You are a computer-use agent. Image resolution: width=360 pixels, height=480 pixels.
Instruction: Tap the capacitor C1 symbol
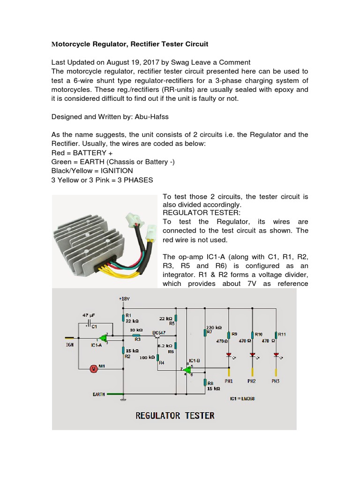[90, 324]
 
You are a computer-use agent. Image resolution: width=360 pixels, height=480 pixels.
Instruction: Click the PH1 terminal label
[229, 381]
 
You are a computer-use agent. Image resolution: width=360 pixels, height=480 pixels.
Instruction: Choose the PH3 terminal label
[276, 381]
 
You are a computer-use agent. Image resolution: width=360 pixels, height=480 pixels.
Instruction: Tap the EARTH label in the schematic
[98, 394]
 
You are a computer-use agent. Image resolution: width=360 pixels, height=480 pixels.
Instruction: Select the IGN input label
[70, 344]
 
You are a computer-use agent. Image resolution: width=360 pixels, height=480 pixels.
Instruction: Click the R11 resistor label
[282, 334]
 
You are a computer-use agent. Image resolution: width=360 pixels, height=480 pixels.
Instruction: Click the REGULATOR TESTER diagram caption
[175, 415]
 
